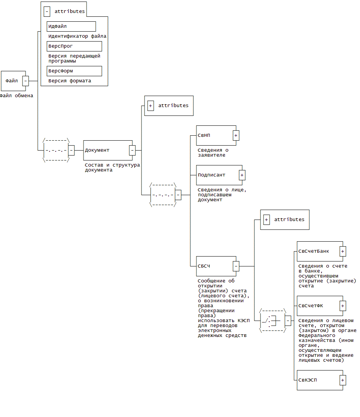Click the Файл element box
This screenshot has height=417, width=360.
point(12,81)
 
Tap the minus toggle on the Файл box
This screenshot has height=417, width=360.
point(26,81)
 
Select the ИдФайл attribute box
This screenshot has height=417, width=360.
point(71,26)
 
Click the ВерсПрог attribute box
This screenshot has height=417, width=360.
point(74,46)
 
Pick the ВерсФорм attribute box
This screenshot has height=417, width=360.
point(74,71)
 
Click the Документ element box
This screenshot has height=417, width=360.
point(106,150)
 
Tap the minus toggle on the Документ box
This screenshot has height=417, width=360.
point(132,150)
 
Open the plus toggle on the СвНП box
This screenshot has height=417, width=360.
point(236,135)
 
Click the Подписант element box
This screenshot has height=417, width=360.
point(217,175)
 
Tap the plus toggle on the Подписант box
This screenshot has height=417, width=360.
point(242,175)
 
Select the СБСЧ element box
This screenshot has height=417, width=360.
point(214,266)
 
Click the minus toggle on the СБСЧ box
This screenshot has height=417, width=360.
point(236,266)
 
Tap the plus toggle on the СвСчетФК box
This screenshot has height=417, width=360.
point(343,306)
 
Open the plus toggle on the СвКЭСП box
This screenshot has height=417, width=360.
point(343,380)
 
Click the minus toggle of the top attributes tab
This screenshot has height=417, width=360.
point(47,11)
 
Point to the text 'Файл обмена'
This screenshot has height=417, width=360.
point(16,96)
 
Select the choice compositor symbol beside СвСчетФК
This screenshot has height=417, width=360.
point(272,321)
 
